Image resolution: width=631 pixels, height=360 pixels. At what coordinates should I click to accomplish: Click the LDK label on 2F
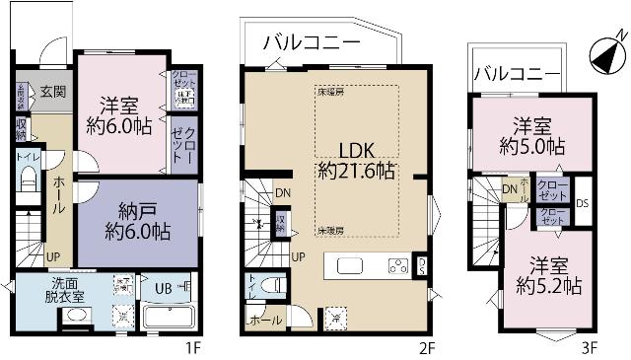[357, 149]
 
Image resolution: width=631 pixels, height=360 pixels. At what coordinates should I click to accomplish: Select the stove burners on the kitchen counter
[397, 264]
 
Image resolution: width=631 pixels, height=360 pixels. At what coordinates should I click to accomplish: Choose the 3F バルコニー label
[513, 72]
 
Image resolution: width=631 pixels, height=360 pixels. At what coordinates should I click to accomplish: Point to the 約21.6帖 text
[357, 171]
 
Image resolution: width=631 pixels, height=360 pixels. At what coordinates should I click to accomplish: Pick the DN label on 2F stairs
[283, 193]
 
